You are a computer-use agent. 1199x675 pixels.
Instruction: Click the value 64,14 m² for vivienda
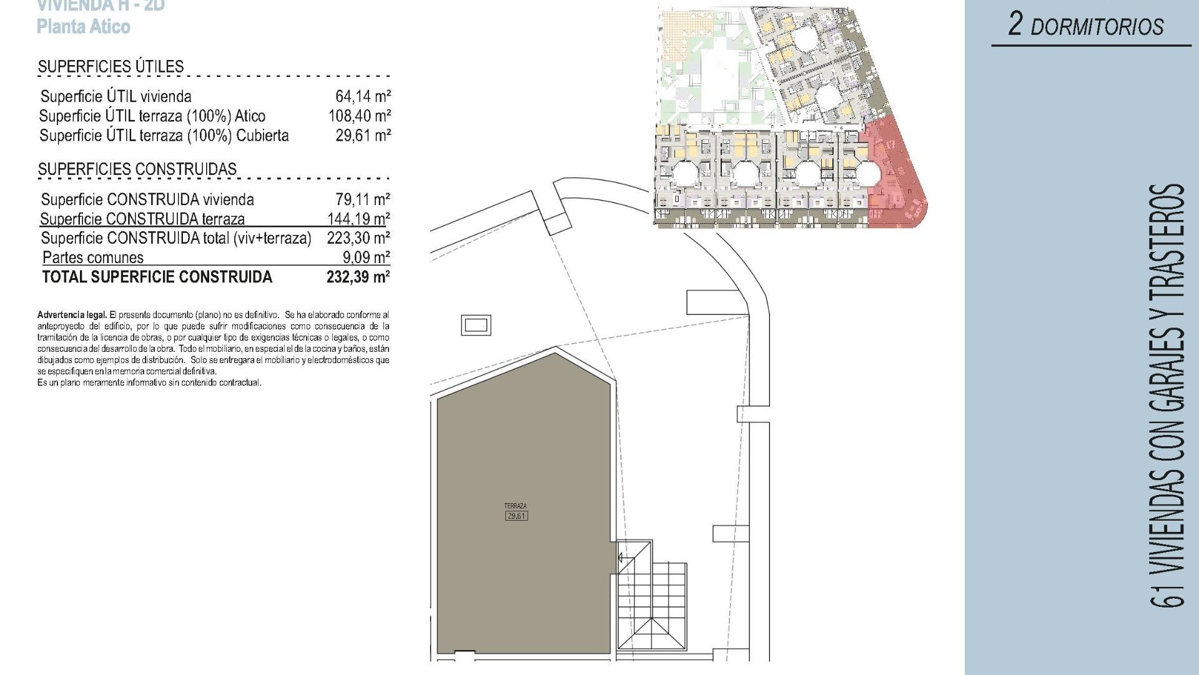pyautogui.click(x=363, y=96)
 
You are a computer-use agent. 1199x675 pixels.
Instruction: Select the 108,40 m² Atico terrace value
pyautogui.click(x=360, y=116)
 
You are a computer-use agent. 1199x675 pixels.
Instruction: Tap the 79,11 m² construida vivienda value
pyautogui.click(x=362, y=199)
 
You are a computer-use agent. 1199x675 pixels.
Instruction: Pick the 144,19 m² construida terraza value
pyautogui.click(x=358, y=219)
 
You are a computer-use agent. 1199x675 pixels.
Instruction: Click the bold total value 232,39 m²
pyautogui.click(x=358, y=277)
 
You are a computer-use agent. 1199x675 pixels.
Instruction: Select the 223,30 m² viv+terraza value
pyautogui.click(x=358, y=238)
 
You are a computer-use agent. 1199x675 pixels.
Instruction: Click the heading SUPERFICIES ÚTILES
pyautogui.click(x=111, y=66)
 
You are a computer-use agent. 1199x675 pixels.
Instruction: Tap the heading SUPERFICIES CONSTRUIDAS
pyautogui.click(x=137, y=169)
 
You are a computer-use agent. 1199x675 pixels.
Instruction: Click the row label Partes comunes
pyautogui.click(x=92, y=257)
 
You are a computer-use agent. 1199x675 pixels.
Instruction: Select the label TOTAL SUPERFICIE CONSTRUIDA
pyautogui.click(x=157, y=277)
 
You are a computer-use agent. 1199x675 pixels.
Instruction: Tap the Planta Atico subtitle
pyautogui.click(x=83, y=27)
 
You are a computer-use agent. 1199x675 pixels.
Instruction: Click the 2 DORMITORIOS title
pyautogui.click(x=1086, y=26)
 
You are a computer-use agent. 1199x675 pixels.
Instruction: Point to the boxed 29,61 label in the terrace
pyautogui.click(x=516, y=516)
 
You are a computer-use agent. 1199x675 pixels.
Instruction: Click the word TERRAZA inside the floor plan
pyautogui.click(x=516, y=506)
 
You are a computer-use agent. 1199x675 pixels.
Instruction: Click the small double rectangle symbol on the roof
pyautogui.click(x=476, y=325)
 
